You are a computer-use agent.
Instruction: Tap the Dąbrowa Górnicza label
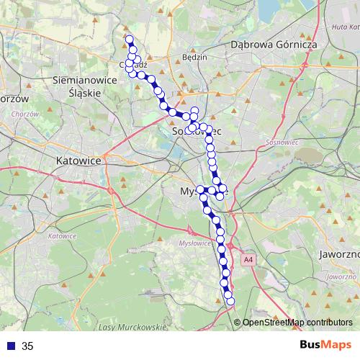click(274, 44)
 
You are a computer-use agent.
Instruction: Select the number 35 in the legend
click(27, 346)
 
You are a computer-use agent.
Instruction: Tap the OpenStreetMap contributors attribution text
click(297, 323)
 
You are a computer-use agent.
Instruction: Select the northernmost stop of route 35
click(130, 39)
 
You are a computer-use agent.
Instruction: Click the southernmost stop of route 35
click(230, 301)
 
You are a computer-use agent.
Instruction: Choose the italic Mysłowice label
click(193, 244)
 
